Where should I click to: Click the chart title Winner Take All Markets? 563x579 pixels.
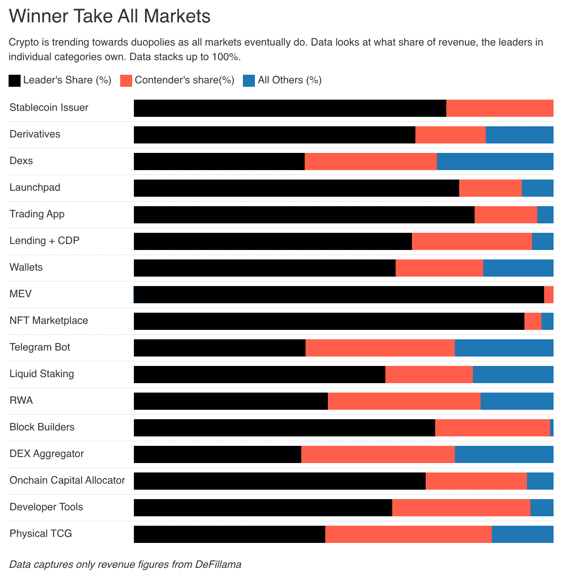pyautogui.click(x=110, y=16)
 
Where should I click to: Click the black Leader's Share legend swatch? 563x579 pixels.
pyautogui.click(x=15, y=80)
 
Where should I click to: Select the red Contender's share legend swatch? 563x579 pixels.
pyautogui.click(x=126, y=80)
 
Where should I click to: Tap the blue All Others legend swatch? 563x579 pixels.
pyautogui.click(x=249, y=80)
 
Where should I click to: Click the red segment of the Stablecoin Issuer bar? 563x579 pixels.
pyautogui.click(x=499, y=108)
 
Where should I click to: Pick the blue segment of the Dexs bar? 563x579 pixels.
pyautogui.click(x=495, y=162)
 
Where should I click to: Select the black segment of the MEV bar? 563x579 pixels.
pyautogui.click(x=339, y=295)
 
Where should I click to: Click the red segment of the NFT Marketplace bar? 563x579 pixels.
pyautogui.click(x=533, y=321)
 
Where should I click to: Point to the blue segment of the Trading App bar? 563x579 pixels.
pyautogui.click(x=545, y=215)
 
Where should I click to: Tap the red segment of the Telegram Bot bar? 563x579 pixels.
pyautogui.click(x=380, y=348)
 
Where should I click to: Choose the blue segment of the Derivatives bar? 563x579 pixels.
pyautogui.click(x=519, y=135)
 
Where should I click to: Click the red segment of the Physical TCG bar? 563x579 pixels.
pyautogui.click(x=408, y=534)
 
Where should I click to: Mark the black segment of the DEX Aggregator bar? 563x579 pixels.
pyautogui.click(x=218, y=454)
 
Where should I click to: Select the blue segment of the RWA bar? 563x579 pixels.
pyautogui.click(x=517, y=401)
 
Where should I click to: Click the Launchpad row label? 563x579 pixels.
pyautogui.click(x=35, y=187)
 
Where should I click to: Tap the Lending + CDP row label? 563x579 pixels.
pyautogui.click(x=45, y=241)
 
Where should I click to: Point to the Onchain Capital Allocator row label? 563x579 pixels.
pyautogui.click(x=67, y=480)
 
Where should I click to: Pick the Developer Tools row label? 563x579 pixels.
pyautogui.click(x=46, y=507)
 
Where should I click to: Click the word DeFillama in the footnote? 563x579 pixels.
pyautogui.click(x=218, y=564)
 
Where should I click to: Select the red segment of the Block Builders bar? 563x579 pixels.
pyautogui.click(x=492, y=428)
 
